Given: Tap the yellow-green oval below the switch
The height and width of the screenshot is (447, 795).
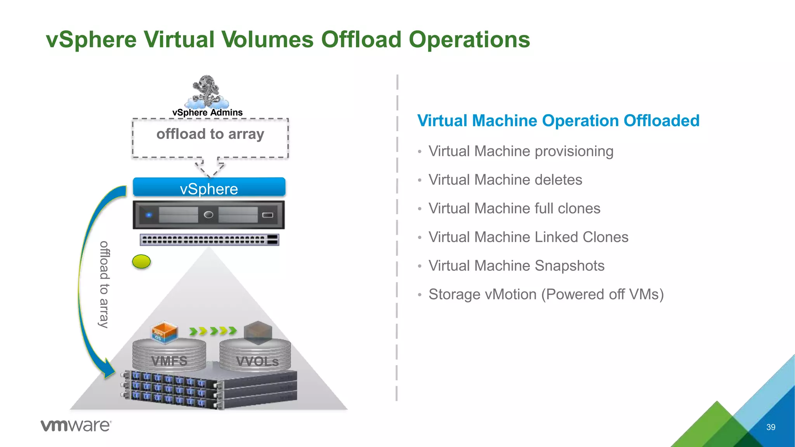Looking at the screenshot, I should pyautogui.click(x=141, y=262).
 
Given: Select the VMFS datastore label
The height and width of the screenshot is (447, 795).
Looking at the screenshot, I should pyautogui.click(x=169, y=361).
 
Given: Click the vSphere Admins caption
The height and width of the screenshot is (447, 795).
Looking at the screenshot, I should pyautogui.click(x=207, y=113).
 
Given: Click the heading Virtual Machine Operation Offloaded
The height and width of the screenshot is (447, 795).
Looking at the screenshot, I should pyautogui.click(x=558, y=121).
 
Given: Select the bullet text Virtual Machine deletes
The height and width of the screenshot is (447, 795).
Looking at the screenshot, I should pyautogui.click(x=505, y=180).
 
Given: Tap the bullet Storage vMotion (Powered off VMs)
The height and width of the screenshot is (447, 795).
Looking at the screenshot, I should pyautogui.click(x=546, y=295).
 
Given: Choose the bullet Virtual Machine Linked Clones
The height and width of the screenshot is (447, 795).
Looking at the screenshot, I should pyautogui.click(x=528, y=237).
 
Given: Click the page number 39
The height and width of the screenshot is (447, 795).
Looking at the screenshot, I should pyautogui.click(x=771, y=427).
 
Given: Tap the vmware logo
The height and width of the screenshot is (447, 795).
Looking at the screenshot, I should pyautogui.click(x=76, y=426).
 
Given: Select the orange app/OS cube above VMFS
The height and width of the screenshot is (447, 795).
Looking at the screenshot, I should pyautogui.click(x=165, y=332).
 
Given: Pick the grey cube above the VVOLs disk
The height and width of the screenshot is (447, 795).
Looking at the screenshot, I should pyautogui.click(x=258, y=332).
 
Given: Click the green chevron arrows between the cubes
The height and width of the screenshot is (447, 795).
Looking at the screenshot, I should pyautogui.click(x=213, y=331).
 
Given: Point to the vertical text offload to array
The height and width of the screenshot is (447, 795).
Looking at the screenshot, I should pyautogui.click(x=104, y=284).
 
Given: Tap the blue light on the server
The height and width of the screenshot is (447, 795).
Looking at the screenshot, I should pyautogui.click(x=149, y=215).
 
